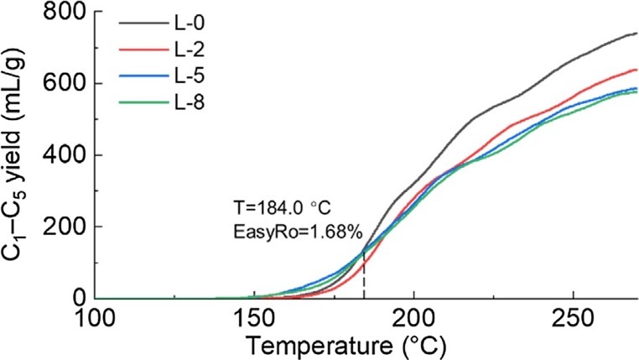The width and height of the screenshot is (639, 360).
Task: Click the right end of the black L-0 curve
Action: tap(636, 34)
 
